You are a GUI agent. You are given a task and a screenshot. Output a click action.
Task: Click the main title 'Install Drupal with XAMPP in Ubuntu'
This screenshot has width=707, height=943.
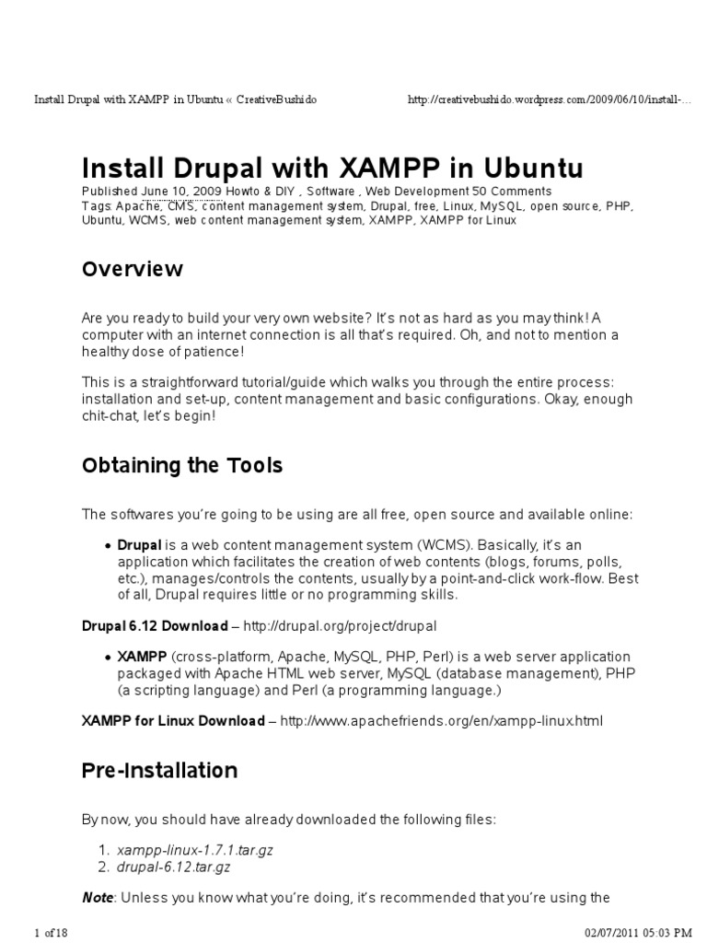pos(332,169)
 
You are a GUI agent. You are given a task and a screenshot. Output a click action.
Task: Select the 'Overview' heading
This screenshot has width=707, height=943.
pos(133,269)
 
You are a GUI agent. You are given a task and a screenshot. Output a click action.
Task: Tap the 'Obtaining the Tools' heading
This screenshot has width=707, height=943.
pos(182,466)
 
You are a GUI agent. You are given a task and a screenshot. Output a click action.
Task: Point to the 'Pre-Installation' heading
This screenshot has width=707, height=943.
pos(160,770)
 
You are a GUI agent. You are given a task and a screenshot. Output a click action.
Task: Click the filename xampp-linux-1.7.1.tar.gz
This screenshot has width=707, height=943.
pos(183,850)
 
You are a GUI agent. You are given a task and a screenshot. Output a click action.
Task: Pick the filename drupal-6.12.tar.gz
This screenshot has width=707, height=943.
pos(173,867)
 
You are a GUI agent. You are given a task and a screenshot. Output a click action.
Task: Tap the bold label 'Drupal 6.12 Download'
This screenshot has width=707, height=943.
pos(155,626)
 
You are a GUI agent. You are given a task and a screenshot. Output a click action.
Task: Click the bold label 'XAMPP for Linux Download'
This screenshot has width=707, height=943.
pos(173,720)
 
